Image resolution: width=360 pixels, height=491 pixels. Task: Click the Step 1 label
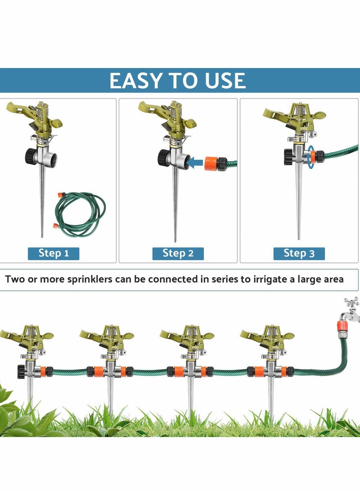pos(54,253)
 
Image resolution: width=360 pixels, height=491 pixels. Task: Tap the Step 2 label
pos(178,253)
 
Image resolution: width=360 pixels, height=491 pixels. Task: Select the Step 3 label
pos(299,253)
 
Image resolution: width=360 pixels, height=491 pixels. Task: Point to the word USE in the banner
pos(223,81)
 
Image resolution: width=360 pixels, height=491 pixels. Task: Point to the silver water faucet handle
pos(351,302)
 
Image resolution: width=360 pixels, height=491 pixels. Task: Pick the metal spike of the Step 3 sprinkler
pos(298,203)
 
